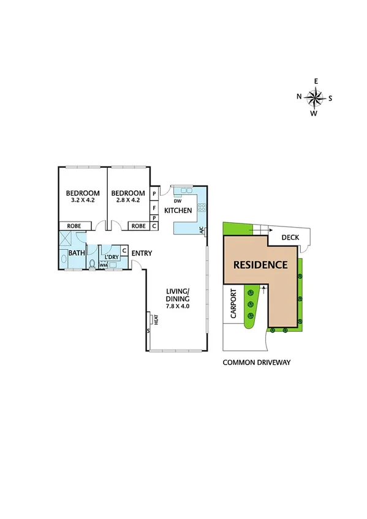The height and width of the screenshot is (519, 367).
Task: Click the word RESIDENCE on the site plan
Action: click(x=260, y=265)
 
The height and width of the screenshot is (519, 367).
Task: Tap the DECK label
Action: click(x=290, y=238)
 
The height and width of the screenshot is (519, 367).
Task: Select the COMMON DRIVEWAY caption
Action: click(x=256, y=362)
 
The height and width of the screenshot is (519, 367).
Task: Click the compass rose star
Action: click(x=316, y=97)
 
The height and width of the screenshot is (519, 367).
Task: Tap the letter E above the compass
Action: click(x=316, y=81)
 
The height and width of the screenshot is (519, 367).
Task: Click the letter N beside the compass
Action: click(x=299, y=97)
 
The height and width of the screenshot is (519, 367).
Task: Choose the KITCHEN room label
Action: click(x=178, y=211)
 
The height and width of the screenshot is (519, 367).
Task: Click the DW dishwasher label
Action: click(x=178, y=201)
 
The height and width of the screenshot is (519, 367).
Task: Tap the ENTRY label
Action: click(x=142, y=253)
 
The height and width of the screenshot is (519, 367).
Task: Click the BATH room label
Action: click(x=77, y=253)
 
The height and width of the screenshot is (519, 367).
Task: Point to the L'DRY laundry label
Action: click(x=112, y=257)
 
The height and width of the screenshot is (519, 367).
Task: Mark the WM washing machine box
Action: click(x=104, y=265)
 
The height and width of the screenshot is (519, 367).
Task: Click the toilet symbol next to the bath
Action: click(x=92, y=264)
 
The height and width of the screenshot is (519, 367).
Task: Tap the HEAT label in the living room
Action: click(x=156, y=319)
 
